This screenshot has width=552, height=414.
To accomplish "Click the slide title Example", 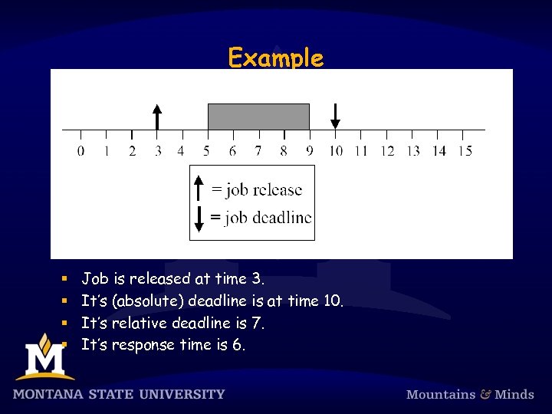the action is pos(276,58).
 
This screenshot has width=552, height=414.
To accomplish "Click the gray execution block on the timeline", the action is pos(258,117).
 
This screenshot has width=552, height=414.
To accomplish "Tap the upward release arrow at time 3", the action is pos(157,117).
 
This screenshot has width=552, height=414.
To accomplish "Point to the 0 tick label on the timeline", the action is pos(81,151).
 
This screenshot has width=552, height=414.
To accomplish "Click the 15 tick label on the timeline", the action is pos(465,151).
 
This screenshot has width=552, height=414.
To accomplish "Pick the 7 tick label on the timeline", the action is pos(258,151).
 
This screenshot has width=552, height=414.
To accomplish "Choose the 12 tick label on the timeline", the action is pos(387,151).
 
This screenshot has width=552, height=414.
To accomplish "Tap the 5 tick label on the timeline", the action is pos(208,151).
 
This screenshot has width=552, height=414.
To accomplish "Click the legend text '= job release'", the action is pos(257,190).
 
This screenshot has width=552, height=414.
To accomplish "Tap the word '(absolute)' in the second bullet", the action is pos(148,301).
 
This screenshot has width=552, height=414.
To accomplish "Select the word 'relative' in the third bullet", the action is pos(143,324).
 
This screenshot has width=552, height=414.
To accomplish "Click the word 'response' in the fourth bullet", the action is pos(143,346).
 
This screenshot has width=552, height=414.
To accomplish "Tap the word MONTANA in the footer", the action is pos(49,394).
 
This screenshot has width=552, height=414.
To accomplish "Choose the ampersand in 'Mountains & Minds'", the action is pos(485,394).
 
